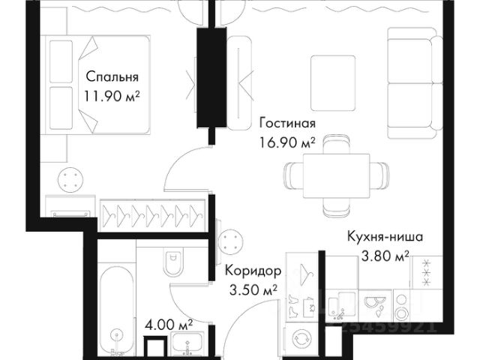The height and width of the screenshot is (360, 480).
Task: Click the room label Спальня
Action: (112, 76)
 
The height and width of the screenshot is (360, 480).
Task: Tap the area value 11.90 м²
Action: (113, 96)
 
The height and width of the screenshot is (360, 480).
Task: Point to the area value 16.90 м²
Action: (286, 142)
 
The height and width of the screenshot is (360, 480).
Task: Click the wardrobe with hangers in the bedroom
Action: (154, 214)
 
